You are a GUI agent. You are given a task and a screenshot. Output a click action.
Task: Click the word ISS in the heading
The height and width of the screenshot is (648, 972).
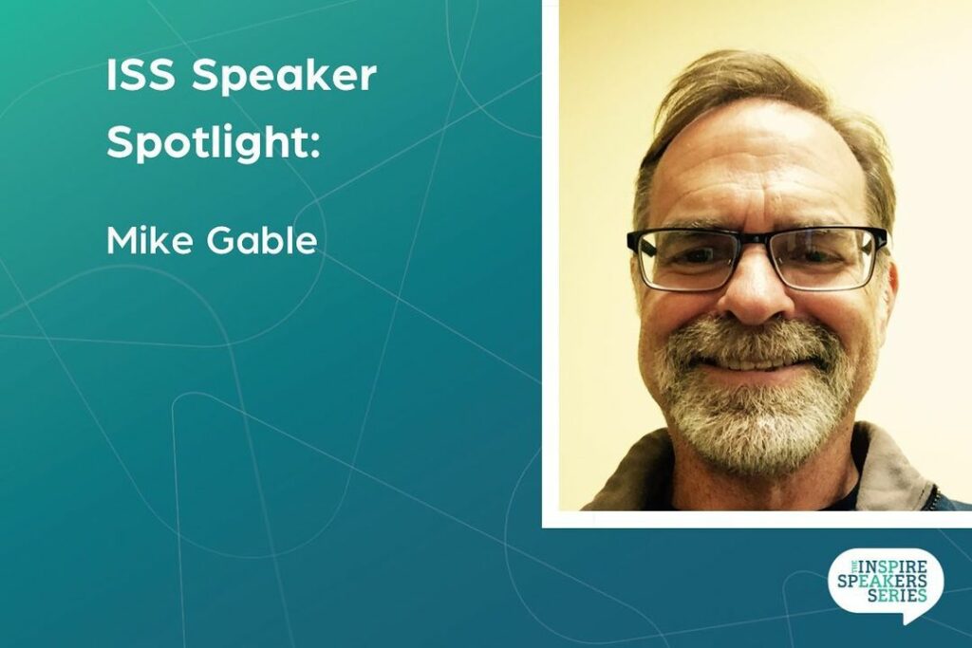(x=140, y=76)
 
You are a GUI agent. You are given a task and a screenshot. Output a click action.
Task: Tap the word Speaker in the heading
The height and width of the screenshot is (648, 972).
(x=284, y=78)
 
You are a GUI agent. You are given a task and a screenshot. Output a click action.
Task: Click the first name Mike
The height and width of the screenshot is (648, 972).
(x=151, y=240)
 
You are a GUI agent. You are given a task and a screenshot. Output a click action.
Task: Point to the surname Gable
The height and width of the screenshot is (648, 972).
(x=262, y=240)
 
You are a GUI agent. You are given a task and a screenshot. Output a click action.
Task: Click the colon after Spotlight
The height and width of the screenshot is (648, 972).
(x=315, y=147)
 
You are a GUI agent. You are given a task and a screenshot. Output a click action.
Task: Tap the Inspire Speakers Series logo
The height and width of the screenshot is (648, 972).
(x=886, y=584)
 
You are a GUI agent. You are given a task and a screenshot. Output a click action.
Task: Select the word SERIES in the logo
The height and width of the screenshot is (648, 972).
(x=897, y=595)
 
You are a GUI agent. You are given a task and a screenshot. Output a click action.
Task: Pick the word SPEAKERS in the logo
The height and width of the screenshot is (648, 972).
(x=882, y=581)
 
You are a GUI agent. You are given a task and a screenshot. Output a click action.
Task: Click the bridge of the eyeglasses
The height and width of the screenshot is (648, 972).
(x=758, y=243)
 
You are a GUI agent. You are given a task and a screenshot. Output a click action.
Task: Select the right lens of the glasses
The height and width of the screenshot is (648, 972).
(x=826, y=257)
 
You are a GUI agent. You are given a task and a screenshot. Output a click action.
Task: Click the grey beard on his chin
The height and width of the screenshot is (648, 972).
(x=755, y=428)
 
